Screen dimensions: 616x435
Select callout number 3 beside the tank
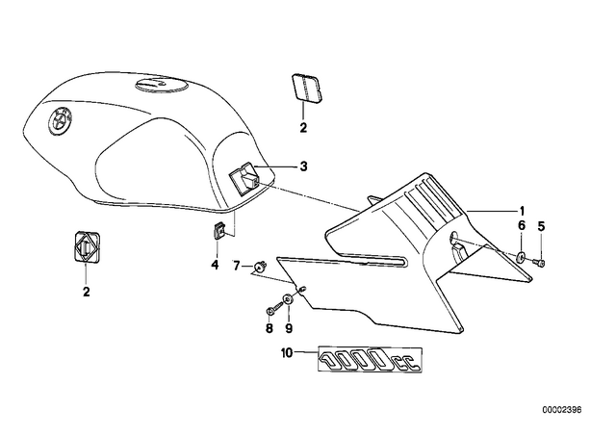coord(303,166)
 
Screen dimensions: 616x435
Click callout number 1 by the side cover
coord(522,211)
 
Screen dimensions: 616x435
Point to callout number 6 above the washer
coord(522,225)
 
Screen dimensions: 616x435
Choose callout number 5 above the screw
coord(541,226)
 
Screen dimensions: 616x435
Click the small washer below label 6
coord(522,257)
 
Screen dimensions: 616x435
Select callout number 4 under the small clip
coord(215,265)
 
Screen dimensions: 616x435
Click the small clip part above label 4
coord(218,230)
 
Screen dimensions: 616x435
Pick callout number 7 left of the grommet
coord(236,266)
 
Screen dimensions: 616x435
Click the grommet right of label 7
coord(259,267)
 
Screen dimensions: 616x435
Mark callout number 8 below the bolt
coord(269,328)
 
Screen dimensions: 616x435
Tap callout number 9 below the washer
coord(289,328)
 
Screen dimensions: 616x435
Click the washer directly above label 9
coord(288,300)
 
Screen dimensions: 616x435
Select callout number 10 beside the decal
coord(287,353)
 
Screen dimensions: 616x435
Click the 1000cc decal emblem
coord(370,360)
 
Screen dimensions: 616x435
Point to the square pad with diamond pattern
coord(86,246)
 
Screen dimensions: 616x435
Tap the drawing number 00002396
coord(562,410)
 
